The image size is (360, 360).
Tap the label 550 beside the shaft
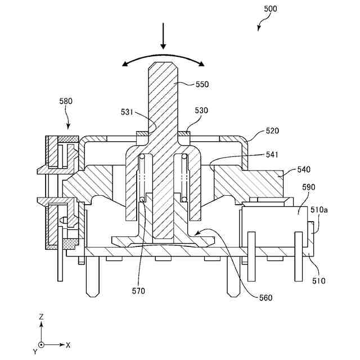(202, 84)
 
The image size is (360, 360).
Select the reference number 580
(66, 102)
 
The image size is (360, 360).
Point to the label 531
(127, 112)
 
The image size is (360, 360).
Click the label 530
(201, 111)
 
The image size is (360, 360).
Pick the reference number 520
(272, 130)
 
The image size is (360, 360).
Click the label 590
(308, 187)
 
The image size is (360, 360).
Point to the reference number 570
(138, 291)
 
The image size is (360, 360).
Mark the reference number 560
(265, 297)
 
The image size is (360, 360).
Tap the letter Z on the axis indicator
(41, 317)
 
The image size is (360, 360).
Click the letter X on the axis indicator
(68, 344)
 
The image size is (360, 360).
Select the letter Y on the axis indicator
(35, 351)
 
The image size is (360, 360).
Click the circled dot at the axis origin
(42, 344)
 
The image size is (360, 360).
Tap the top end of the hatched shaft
(164, 64)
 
